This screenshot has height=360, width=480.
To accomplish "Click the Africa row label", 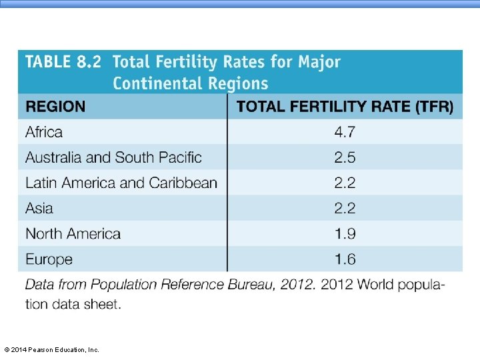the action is (x=44, y=132).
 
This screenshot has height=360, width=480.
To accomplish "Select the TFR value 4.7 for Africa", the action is (x=345, y=132).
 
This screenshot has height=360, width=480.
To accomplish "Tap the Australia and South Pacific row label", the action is (x=113, y=157).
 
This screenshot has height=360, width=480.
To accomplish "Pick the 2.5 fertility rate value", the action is (x=345, y=157).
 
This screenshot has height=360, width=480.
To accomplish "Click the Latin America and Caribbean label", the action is (x=121, y=183).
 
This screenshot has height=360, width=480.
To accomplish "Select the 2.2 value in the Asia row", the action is (x=345, y=208).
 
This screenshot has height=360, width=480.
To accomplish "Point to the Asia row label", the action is (x=39, y=208).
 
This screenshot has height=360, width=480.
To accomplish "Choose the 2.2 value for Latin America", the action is (x=345, y=183).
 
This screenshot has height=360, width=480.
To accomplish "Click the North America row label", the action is (x=73, y=233).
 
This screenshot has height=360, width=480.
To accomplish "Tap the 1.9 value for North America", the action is (x=345, y=233).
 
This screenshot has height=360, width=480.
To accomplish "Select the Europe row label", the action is (x=49, y=259).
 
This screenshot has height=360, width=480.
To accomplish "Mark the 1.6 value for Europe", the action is (x=345, y=259).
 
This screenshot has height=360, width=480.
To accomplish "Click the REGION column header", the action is (x=55, y=107).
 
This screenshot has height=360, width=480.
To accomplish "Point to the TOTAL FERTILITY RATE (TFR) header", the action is (x=345, y=107).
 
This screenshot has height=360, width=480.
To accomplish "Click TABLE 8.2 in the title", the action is (x=63, y=61).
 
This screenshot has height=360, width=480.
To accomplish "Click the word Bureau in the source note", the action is (x=251, y=285).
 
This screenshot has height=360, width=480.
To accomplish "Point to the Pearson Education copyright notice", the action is (x=52, y=349).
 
